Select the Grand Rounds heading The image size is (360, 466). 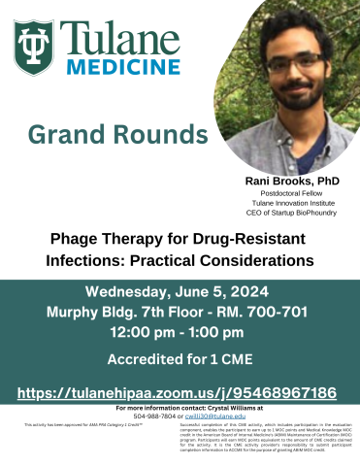[x=109, y=134]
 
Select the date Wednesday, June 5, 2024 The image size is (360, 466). [x=180, y=292]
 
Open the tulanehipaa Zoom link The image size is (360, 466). [x=180, y=393]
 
